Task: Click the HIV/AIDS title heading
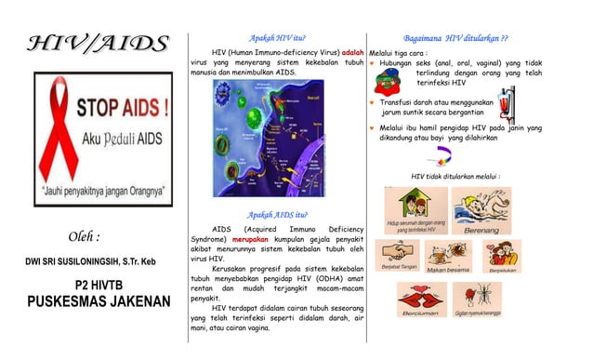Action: click(x=99, y=43)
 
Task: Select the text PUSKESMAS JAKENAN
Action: click(x=99, y=302)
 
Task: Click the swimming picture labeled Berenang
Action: click(x=481, y=210)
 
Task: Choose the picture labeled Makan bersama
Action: click(x=448, y=255)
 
